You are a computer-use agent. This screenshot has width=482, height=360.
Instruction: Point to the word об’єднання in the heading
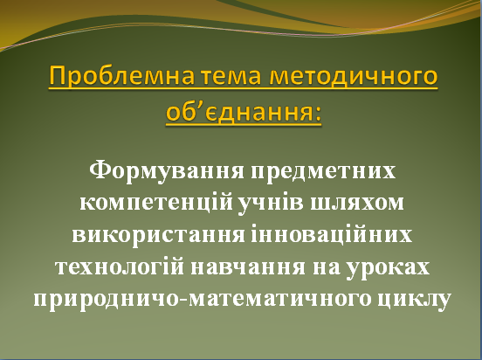coord(239,112)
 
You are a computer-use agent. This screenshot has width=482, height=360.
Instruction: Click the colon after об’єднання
coord(318,114)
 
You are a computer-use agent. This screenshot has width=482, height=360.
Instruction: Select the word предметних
coord(323,172)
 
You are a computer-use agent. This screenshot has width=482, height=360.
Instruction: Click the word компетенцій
coord(156,204)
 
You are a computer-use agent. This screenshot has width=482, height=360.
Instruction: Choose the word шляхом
coord(356,204)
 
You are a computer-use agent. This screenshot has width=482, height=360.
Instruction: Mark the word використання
coord(158,236)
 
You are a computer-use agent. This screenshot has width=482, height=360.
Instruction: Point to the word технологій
coord(120,267)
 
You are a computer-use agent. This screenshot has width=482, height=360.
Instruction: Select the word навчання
coord(248,267)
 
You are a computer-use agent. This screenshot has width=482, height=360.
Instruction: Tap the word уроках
coord(388,268)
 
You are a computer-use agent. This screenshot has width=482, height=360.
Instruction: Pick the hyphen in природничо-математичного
coord(183,300)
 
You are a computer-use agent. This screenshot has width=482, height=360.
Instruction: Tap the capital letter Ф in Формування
coord(100,170)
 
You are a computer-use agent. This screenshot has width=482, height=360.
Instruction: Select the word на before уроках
coord(327,267)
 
